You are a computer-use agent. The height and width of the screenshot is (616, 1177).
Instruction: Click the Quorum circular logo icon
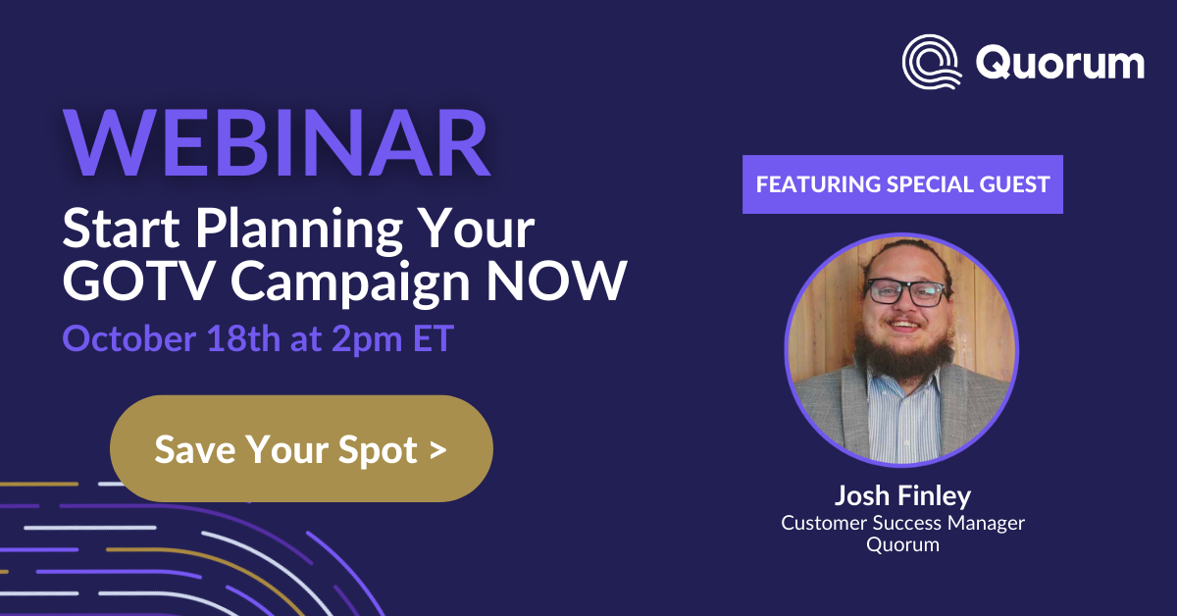pyautogui.click(x=931, y=62)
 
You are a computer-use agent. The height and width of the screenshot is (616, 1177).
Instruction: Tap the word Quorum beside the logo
pyautogui.click(x=1060, y=63)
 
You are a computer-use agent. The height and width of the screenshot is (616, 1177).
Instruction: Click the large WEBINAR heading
pyautogui.click(x=277, y=143)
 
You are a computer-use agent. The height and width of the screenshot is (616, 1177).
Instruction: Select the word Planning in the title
pyautogui.click(x=299, y=230)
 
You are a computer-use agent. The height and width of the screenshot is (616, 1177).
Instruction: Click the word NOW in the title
pyautogui.click(x=556, y=282)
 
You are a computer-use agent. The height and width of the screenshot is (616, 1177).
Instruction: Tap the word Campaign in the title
pyautogui.click(x=350, y=283)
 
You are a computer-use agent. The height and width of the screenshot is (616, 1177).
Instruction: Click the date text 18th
pyautogui.click(x=243, y=338)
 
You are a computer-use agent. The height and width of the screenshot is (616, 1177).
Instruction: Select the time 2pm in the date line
pyautogui.click(x=367, y=340)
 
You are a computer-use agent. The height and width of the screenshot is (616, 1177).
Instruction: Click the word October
pyautogui.click(x=129, y=338)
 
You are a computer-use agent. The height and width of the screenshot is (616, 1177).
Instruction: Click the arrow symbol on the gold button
pyautogui.click(x=437, y=450)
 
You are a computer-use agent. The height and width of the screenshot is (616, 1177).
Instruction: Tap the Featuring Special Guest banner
pyautogui.click(x=902, y=184)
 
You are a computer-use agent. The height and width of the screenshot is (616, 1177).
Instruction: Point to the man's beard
pyautogui.click(x=903, y=353)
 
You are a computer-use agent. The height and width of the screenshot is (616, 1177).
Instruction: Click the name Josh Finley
pyautogui.click(x=902, y=495)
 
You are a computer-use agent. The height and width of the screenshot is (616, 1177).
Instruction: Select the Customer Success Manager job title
pyautogui.click(x=902, y=524)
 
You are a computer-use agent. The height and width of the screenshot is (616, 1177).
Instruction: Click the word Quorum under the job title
pyautogui.click(x=902, y=544)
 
